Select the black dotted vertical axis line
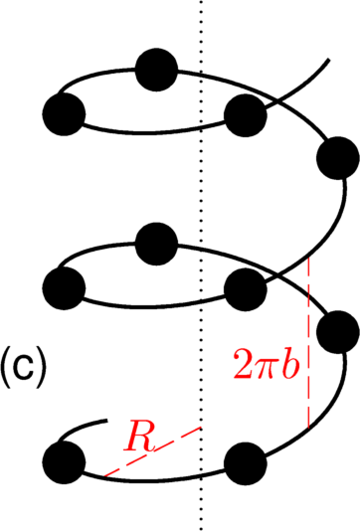pos(202,199)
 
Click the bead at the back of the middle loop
pos(154,240)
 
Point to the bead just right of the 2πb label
pos(337,331)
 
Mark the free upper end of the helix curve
pos(328,60)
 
